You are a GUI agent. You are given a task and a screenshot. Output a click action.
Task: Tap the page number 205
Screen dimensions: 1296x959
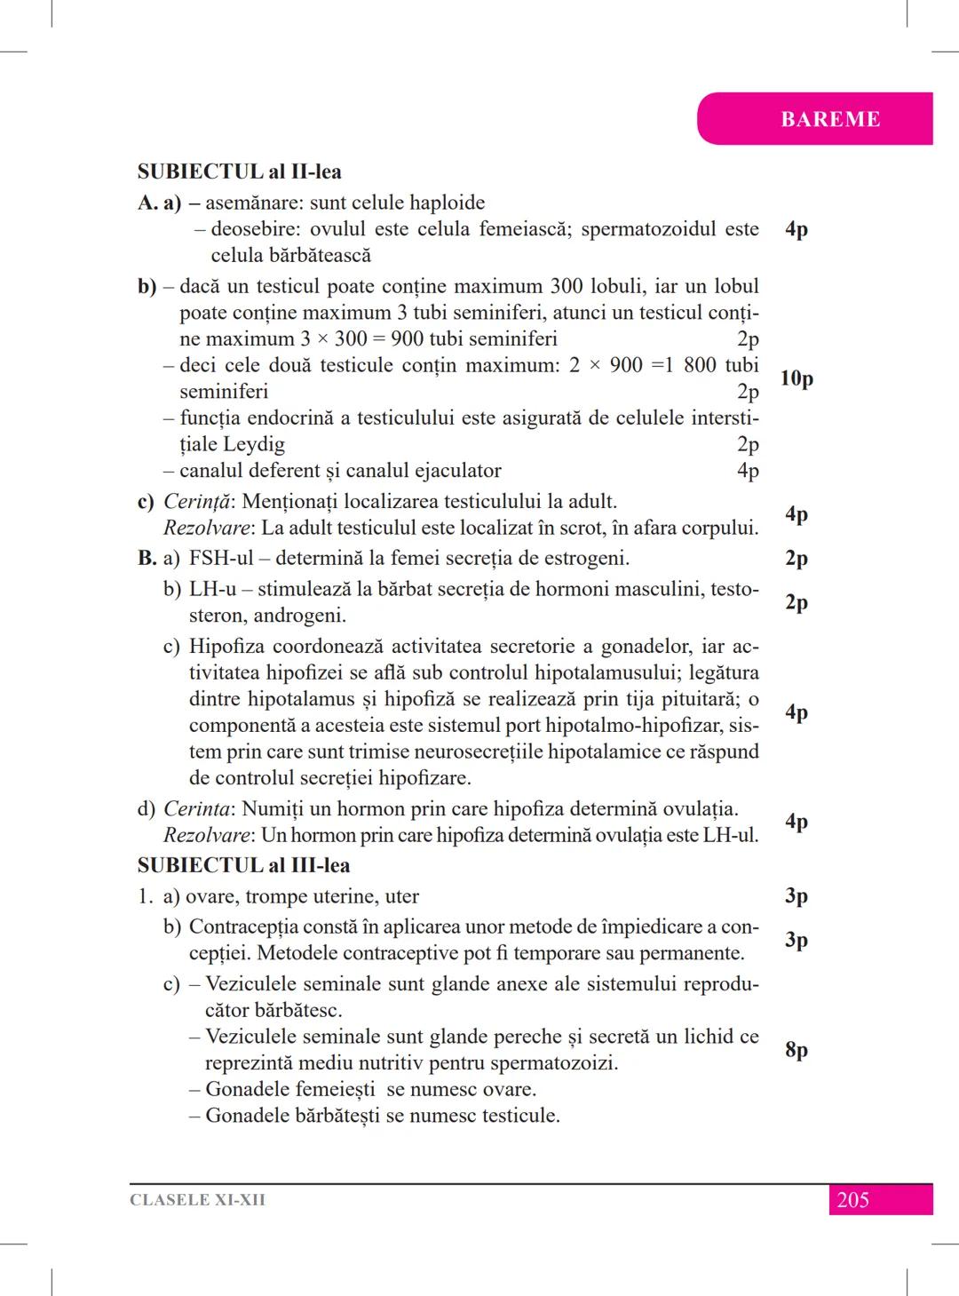tap(852, 1200)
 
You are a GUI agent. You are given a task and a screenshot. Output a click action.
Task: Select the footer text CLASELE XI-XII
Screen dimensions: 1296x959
tap(197, 1200)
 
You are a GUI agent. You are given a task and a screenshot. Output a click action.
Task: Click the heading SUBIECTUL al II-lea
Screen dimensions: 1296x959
tap(239, 171)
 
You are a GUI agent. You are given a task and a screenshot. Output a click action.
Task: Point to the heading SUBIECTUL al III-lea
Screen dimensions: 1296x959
tap(243, 865)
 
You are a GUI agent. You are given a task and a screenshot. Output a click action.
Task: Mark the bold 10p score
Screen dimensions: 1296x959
tap(797, 378)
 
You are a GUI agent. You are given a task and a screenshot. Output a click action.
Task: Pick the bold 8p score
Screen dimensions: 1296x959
tap(797, 1050)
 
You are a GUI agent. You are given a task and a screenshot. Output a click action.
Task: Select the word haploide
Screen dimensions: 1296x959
tap(441, 203)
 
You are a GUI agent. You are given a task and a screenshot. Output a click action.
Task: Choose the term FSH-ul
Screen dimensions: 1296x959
tap(221, 558)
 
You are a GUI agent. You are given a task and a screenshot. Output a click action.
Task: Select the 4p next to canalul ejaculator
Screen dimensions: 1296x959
tap(748, 471)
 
